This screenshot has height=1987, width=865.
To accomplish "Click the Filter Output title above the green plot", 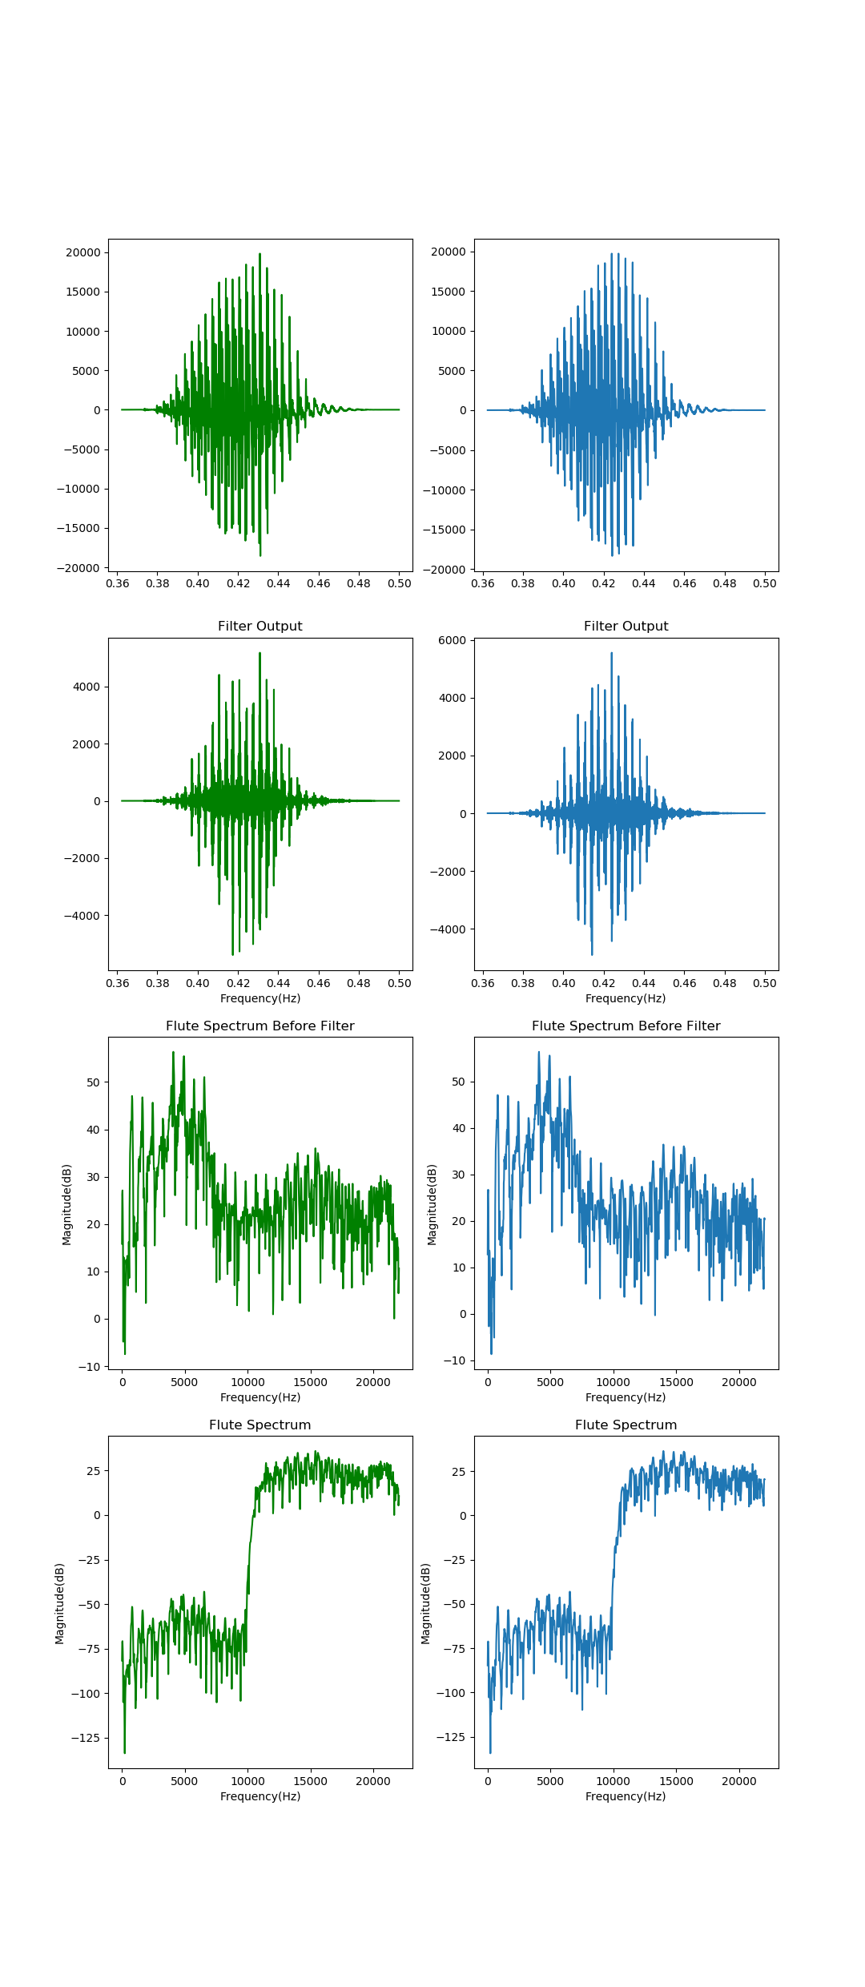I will (259, 626).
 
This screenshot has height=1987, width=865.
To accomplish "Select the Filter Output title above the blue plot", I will (626, 626).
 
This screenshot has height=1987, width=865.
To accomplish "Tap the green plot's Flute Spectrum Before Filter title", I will (259, 1026).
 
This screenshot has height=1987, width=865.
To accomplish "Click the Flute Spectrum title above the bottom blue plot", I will (626, 1425).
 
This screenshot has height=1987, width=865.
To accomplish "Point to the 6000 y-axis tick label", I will (452, 640).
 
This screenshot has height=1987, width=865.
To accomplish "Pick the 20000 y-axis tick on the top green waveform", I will (83, 252).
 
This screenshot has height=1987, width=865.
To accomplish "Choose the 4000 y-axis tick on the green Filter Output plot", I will (86, 687).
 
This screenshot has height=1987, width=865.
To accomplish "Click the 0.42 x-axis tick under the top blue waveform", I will (603, 583).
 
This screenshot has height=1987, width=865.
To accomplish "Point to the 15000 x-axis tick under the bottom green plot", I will (310, 1781).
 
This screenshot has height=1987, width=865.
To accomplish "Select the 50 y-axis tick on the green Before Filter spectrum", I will (94, 1082).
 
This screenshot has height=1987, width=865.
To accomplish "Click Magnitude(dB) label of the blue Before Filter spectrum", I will (432, 1204).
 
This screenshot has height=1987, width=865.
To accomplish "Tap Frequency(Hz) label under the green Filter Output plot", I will (259, 998).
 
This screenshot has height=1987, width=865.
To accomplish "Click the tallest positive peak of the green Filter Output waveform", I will (259, 654).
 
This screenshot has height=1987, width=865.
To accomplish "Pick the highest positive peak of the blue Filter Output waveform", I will (612, 654).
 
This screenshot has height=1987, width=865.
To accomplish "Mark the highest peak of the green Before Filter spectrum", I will (173, 1053).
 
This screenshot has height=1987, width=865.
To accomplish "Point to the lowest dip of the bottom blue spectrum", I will (490, 1752).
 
